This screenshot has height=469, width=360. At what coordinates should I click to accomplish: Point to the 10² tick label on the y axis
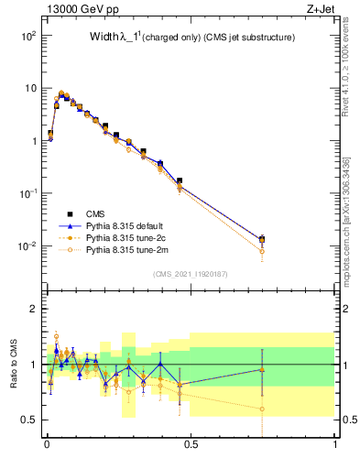27,36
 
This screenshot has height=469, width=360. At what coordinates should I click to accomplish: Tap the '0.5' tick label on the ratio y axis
29,420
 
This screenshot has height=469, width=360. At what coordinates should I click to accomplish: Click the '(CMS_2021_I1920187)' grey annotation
190,274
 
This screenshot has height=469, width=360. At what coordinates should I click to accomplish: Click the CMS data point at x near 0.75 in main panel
262,239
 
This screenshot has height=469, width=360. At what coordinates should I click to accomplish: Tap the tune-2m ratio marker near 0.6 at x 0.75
262,409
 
